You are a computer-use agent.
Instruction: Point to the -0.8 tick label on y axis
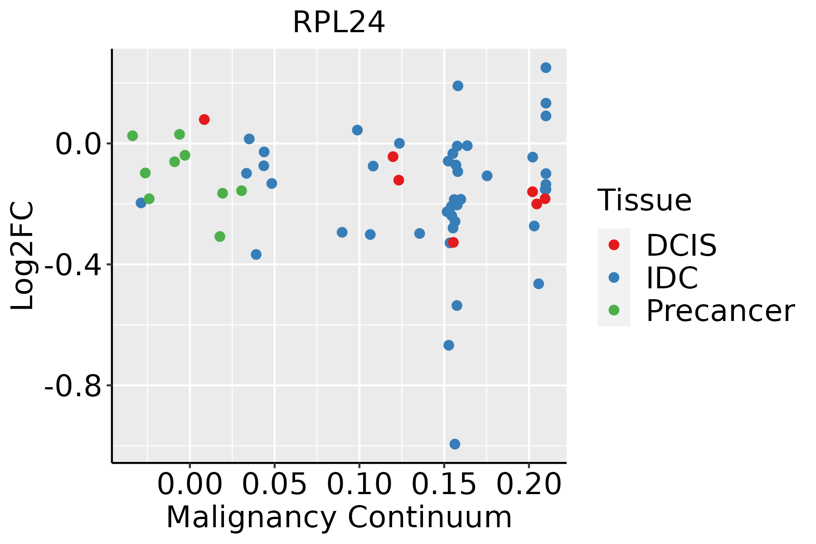point(73,386)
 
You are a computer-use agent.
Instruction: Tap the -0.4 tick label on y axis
point(73,265)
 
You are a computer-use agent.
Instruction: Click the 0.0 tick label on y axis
point(78,144)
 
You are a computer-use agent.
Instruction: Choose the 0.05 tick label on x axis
point(274,484)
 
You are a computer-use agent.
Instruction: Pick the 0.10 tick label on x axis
point(359,484)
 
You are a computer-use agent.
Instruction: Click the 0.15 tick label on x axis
point(444,484)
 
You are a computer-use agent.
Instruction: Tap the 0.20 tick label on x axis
point(529,484)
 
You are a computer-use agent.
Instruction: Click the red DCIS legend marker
point(614,245)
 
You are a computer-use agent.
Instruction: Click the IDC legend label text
point(672,278)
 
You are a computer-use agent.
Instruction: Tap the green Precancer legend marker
point(614,310)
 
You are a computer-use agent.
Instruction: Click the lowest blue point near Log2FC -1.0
point(455,444)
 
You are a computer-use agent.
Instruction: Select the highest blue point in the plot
point(546,68)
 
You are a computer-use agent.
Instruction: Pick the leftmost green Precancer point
point(132,136)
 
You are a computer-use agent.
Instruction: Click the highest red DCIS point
point(204,119)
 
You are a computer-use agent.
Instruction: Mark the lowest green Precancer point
point(220,236)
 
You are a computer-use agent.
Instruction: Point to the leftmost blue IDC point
point(141,203)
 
